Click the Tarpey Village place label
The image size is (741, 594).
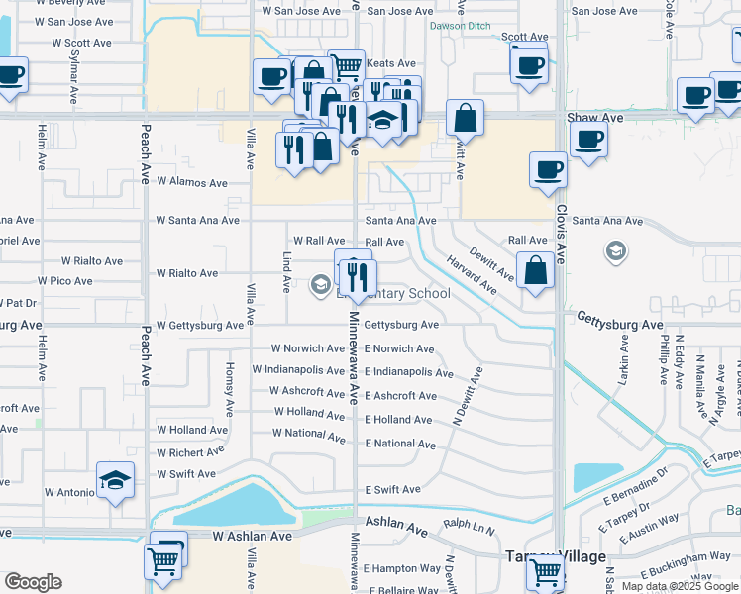556,556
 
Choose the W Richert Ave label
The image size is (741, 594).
192,452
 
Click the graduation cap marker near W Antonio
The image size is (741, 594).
116,481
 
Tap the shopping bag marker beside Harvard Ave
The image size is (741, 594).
535,271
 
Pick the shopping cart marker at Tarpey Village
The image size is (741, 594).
545,571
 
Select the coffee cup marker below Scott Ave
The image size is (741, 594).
530,66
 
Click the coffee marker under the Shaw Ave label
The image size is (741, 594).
588,141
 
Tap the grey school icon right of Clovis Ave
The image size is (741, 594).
615,251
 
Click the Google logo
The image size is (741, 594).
33,582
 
